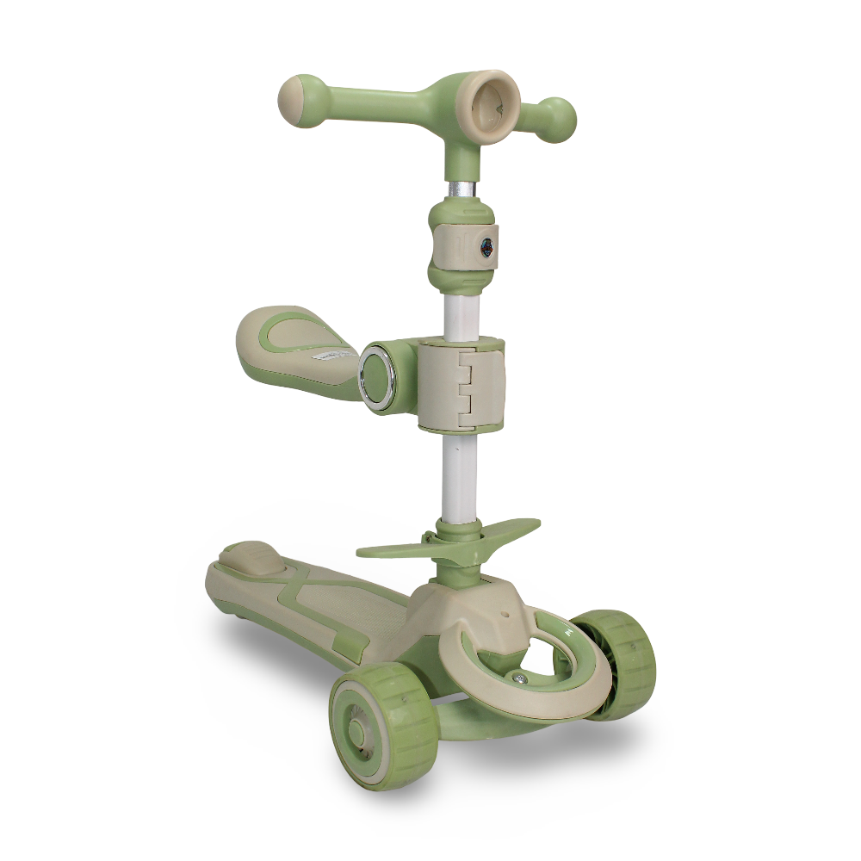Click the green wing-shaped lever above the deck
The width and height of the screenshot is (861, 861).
click(x=448, y=539)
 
